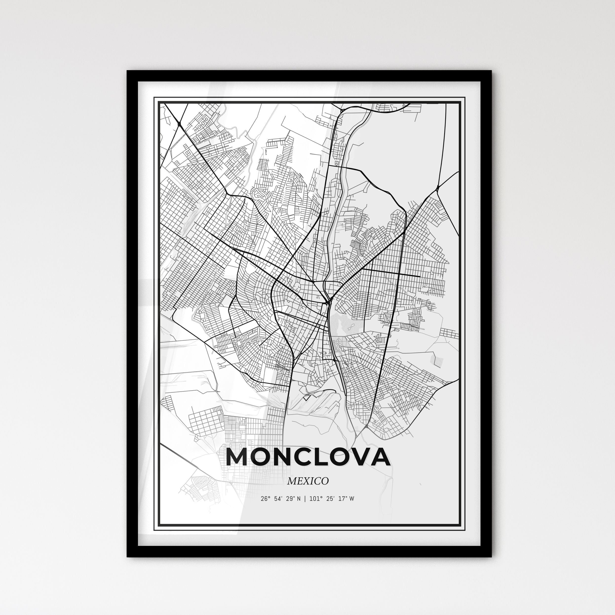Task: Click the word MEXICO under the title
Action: point(307,481)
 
